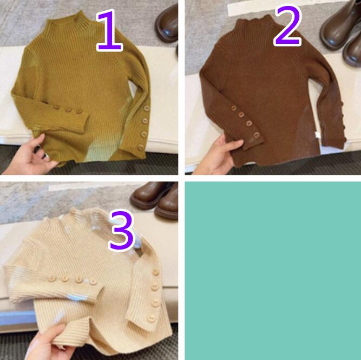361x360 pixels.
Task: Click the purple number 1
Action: [x=110, y=30]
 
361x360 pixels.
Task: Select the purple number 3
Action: [x=121, y=230]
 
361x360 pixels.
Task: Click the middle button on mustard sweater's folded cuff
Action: [x=68, y=109]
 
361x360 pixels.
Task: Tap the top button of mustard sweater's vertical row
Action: [x=146, y=108]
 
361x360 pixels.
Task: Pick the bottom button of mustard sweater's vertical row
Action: [x=141, y=147]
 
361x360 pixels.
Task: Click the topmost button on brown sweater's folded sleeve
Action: [x=234, y=108]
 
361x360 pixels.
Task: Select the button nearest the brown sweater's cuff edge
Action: [x=256, y=135]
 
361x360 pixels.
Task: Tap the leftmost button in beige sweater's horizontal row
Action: [x=52, y=279]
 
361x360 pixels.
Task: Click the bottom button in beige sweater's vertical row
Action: [x=151, y=318]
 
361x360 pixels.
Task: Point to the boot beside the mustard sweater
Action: [x=167, y=23]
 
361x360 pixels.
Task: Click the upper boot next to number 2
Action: [x=339, y=25]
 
